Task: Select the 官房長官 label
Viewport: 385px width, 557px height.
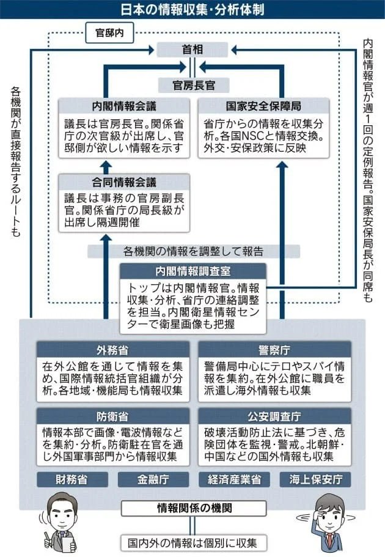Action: tap(193, 84)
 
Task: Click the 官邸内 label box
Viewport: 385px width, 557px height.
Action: tap(106, 32)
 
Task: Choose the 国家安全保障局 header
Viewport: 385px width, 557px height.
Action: tap(264, 106)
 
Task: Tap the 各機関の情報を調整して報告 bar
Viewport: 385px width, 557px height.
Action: tap(193, 251)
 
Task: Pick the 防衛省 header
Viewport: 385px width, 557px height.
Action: tap(112, 416)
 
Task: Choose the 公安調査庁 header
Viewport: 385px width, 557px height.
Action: tap(274, 416)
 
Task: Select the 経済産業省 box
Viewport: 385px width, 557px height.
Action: tap(235, 479)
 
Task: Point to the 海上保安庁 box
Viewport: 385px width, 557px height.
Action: tap(315, 479)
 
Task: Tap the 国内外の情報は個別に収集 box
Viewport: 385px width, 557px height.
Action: tap(193, 542)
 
